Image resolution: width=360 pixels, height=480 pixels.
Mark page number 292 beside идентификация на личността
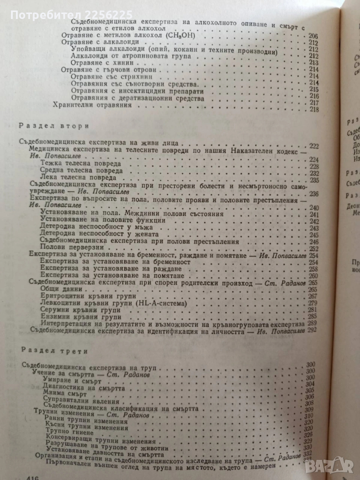tap(313, 329)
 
